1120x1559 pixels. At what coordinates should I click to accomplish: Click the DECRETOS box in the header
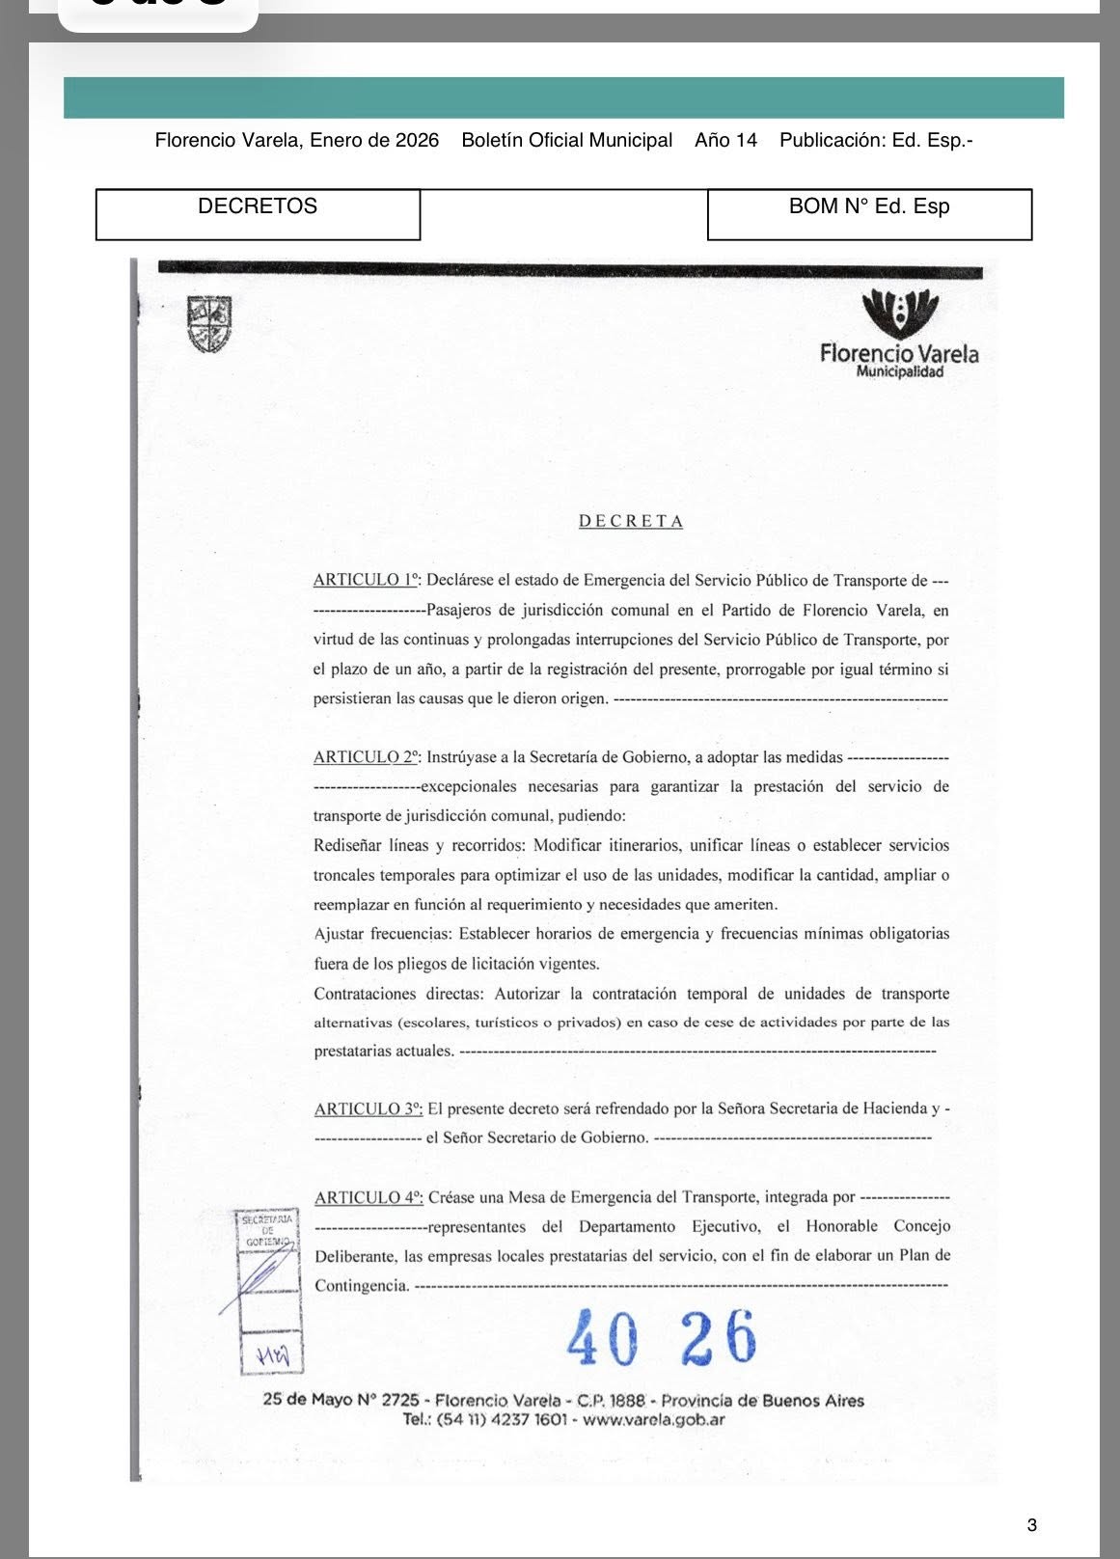(258, 213)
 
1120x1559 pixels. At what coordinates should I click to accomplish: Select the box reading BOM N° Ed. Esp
(869, 213)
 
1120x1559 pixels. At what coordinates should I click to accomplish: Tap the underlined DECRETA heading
(631, 522)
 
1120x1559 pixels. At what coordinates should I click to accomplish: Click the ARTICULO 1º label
(367, 581)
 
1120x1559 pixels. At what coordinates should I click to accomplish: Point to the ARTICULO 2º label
(367, 758)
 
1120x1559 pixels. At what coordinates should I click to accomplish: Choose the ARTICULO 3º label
(369, 1109)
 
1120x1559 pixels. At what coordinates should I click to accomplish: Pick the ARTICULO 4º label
(369, 1198)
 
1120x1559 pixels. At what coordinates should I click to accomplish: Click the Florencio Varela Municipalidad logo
(899, 334)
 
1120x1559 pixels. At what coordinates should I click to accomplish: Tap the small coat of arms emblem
(209, 324)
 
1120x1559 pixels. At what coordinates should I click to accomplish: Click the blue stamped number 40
(602, 1338)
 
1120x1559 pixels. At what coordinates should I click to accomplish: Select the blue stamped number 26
(719, 1338)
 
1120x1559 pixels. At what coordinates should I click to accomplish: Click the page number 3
(1032, 1525)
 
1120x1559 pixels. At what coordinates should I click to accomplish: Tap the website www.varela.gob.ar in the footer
(654, 1420)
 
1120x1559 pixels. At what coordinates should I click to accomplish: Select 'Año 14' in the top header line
(725, 141)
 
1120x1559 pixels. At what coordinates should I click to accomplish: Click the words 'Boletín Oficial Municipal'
(566, 141)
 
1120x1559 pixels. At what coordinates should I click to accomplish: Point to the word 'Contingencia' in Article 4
(361, 1286)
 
